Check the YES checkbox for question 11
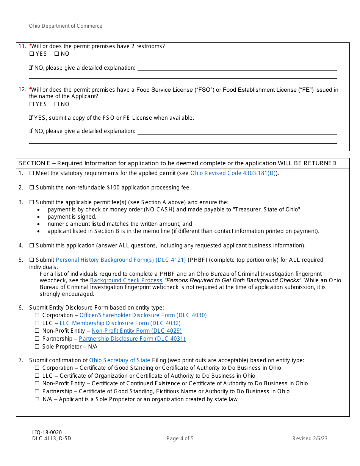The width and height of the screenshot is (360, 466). (31, 54)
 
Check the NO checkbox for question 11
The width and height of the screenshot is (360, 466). (56, 54)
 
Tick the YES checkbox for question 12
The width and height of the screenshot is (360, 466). (31, 104)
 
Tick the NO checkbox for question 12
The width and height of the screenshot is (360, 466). (56, 104)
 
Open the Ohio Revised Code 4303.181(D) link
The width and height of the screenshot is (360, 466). (233, 173)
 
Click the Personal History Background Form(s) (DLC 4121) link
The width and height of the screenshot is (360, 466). (121, 260)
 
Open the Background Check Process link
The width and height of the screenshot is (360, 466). (126, 280)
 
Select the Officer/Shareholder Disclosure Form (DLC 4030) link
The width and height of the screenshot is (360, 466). (143, 315)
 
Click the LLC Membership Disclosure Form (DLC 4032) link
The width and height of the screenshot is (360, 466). (120, 323)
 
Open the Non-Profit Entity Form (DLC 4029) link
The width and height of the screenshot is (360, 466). (136, 331)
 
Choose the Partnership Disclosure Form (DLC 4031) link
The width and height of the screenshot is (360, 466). (132, 339)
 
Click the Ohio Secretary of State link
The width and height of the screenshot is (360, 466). (120, 360)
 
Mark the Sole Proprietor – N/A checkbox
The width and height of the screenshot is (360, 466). (37, 347)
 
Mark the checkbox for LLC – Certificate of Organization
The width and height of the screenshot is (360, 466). (37, 376)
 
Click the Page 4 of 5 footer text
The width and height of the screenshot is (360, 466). (180, 439)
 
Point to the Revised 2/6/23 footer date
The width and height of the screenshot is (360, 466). (310, 439)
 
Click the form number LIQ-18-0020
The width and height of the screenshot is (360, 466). (47, 432)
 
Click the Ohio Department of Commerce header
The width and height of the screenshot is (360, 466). (66, 26)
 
